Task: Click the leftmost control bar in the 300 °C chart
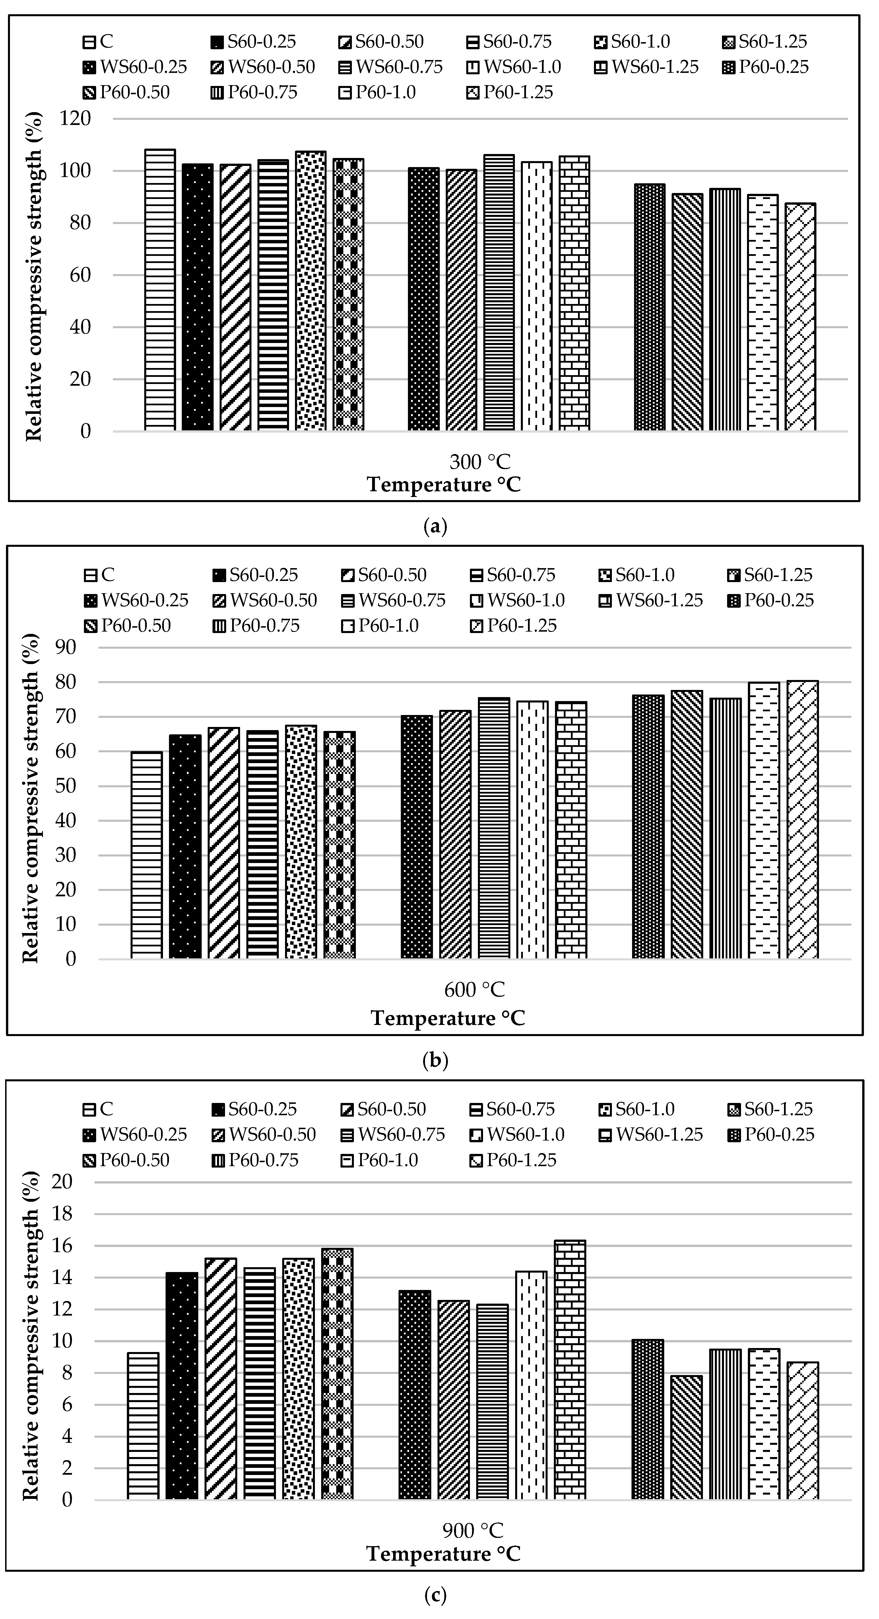coord(160,290)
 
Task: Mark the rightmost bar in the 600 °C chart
coord(802,820)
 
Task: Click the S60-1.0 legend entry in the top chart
coord(632,42)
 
